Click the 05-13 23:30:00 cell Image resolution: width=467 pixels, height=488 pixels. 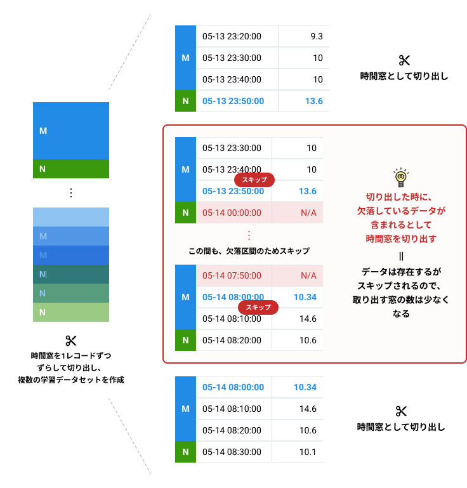pyautogui.click(x=232, y=148)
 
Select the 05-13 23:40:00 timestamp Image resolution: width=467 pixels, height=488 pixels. pyautogui.click(x=232, y=170)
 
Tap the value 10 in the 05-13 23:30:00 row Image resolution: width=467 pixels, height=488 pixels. pyautogui.click(x=311, y=148)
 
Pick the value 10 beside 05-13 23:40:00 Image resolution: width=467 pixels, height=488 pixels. pyautogui.click(x=311, y=170)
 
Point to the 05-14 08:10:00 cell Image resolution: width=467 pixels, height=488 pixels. pyautogui.click(x=232, y=319)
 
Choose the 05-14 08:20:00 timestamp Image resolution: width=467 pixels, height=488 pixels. pyautogui.click(x=232, y=340)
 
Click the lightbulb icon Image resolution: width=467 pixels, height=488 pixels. pyautogui.click(x=400, y=178)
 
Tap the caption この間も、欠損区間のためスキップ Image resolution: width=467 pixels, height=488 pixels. pyautogui.click(x=249, y=251)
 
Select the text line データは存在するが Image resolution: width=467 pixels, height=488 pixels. pyautogui.click(x=400, y=272)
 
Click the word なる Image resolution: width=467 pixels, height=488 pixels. pyautogui.click(x=400, y=313)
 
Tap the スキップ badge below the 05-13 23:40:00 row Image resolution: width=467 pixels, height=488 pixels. pyautogui.click(x=254, y=180)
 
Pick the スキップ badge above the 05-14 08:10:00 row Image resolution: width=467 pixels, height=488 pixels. pyautogui.click(x=258, y=308)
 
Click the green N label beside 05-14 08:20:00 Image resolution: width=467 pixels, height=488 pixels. pyautogui.click(x=185, y=340)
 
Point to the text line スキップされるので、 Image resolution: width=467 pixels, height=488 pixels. pyautogui.click(x=400, y=286)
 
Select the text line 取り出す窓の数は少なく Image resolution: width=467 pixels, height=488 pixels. pyautogui.click(x=400, y=300)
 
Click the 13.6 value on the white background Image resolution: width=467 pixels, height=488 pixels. pyautogui.click(x=307, y=191)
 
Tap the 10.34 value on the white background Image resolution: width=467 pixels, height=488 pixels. pyautogui.click(x=305, y=297)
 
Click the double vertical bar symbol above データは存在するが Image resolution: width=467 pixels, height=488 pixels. pyautogui.click(x=401, y=256)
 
